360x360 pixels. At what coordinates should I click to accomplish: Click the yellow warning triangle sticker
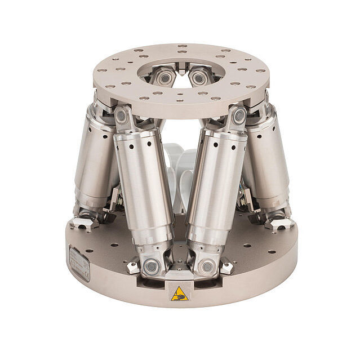point(179,293)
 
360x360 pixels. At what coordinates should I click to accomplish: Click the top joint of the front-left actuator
point(121,116)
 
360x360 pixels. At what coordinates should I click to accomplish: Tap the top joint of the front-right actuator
point(239,116)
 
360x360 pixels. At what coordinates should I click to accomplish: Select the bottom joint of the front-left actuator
point(151,266)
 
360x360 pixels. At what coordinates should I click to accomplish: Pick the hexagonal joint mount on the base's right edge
point(278,222)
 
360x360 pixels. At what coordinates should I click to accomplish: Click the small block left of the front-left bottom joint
point(133,268)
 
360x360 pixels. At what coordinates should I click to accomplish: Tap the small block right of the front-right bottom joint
point(226,268)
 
